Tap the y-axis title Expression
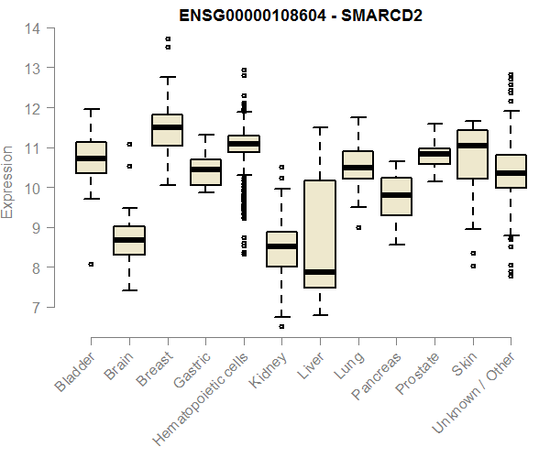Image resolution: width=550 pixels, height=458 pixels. click(9, 180)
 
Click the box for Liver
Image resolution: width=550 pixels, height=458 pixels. click(320, 234)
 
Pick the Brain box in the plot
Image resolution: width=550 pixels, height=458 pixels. click(128, 240)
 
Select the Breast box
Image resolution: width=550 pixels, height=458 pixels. click(167, 130)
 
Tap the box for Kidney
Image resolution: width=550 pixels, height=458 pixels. click(281, 249)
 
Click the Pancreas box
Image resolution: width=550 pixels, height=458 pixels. click(396, 196)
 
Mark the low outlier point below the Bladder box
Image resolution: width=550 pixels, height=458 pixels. click(91, 264)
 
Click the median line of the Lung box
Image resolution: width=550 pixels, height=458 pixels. click(357, 168)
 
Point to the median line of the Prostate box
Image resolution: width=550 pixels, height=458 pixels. click(434, 154)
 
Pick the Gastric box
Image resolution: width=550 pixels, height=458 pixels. click(205, 172)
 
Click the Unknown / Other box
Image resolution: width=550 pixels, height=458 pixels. click(511, 171)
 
